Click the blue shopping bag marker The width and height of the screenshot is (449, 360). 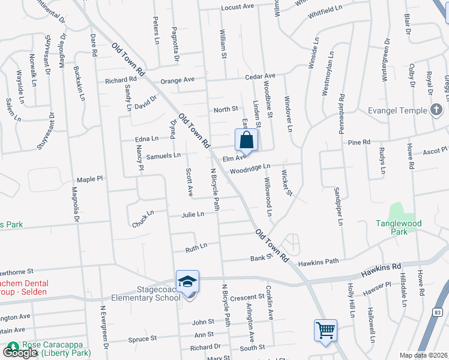tap(246, 142)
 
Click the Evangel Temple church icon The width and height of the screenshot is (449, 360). tap(437, 110)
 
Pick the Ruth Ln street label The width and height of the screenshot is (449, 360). tap(196, 246)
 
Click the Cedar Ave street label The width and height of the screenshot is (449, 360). tap(260, 76)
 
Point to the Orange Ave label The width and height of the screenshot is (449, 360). tap(177, 80)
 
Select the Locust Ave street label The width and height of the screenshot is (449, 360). tap(238, 7)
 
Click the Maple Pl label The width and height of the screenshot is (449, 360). tap(90, 179)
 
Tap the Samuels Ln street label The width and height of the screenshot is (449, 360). tap(163, 155)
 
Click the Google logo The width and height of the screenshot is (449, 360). tap(20, 352)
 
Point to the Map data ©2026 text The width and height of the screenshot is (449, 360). tap(423, 355)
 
